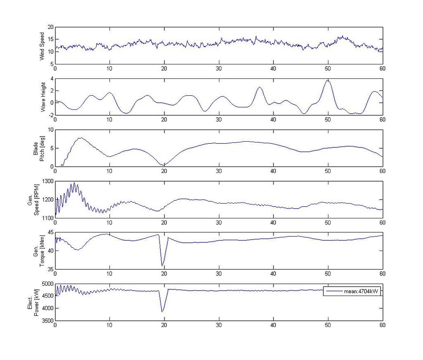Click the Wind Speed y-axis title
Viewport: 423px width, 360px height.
point(42,45)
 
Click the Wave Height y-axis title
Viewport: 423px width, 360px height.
point(42,97)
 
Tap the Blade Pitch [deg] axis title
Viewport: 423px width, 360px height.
point(40,148)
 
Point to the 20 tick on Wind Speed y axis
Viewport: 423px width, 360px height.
point(51,27)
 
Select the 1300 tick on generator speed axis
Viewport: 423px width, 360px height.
point(48,181)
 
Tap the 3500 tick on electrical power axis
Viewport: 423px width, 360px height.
point(48,321)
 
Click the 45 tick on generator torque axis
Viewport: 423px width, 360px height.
point(51,232)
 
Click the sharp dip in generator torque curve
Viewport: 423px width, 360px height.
point(163,265)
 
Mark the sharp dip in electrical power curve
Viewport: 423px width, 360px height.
point(163,311)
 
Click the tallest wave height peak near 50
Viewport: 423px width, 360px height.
point(328,80)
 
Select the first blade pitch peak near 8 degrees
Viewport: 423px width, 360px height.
point(80,138)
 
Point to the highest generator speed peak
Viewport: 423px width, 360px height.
point(74,183)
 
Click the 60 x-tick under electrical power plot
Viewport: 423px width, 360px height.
point(382,325)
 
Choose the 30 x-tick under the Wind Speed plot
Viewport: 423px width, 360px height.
point(219,69)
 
